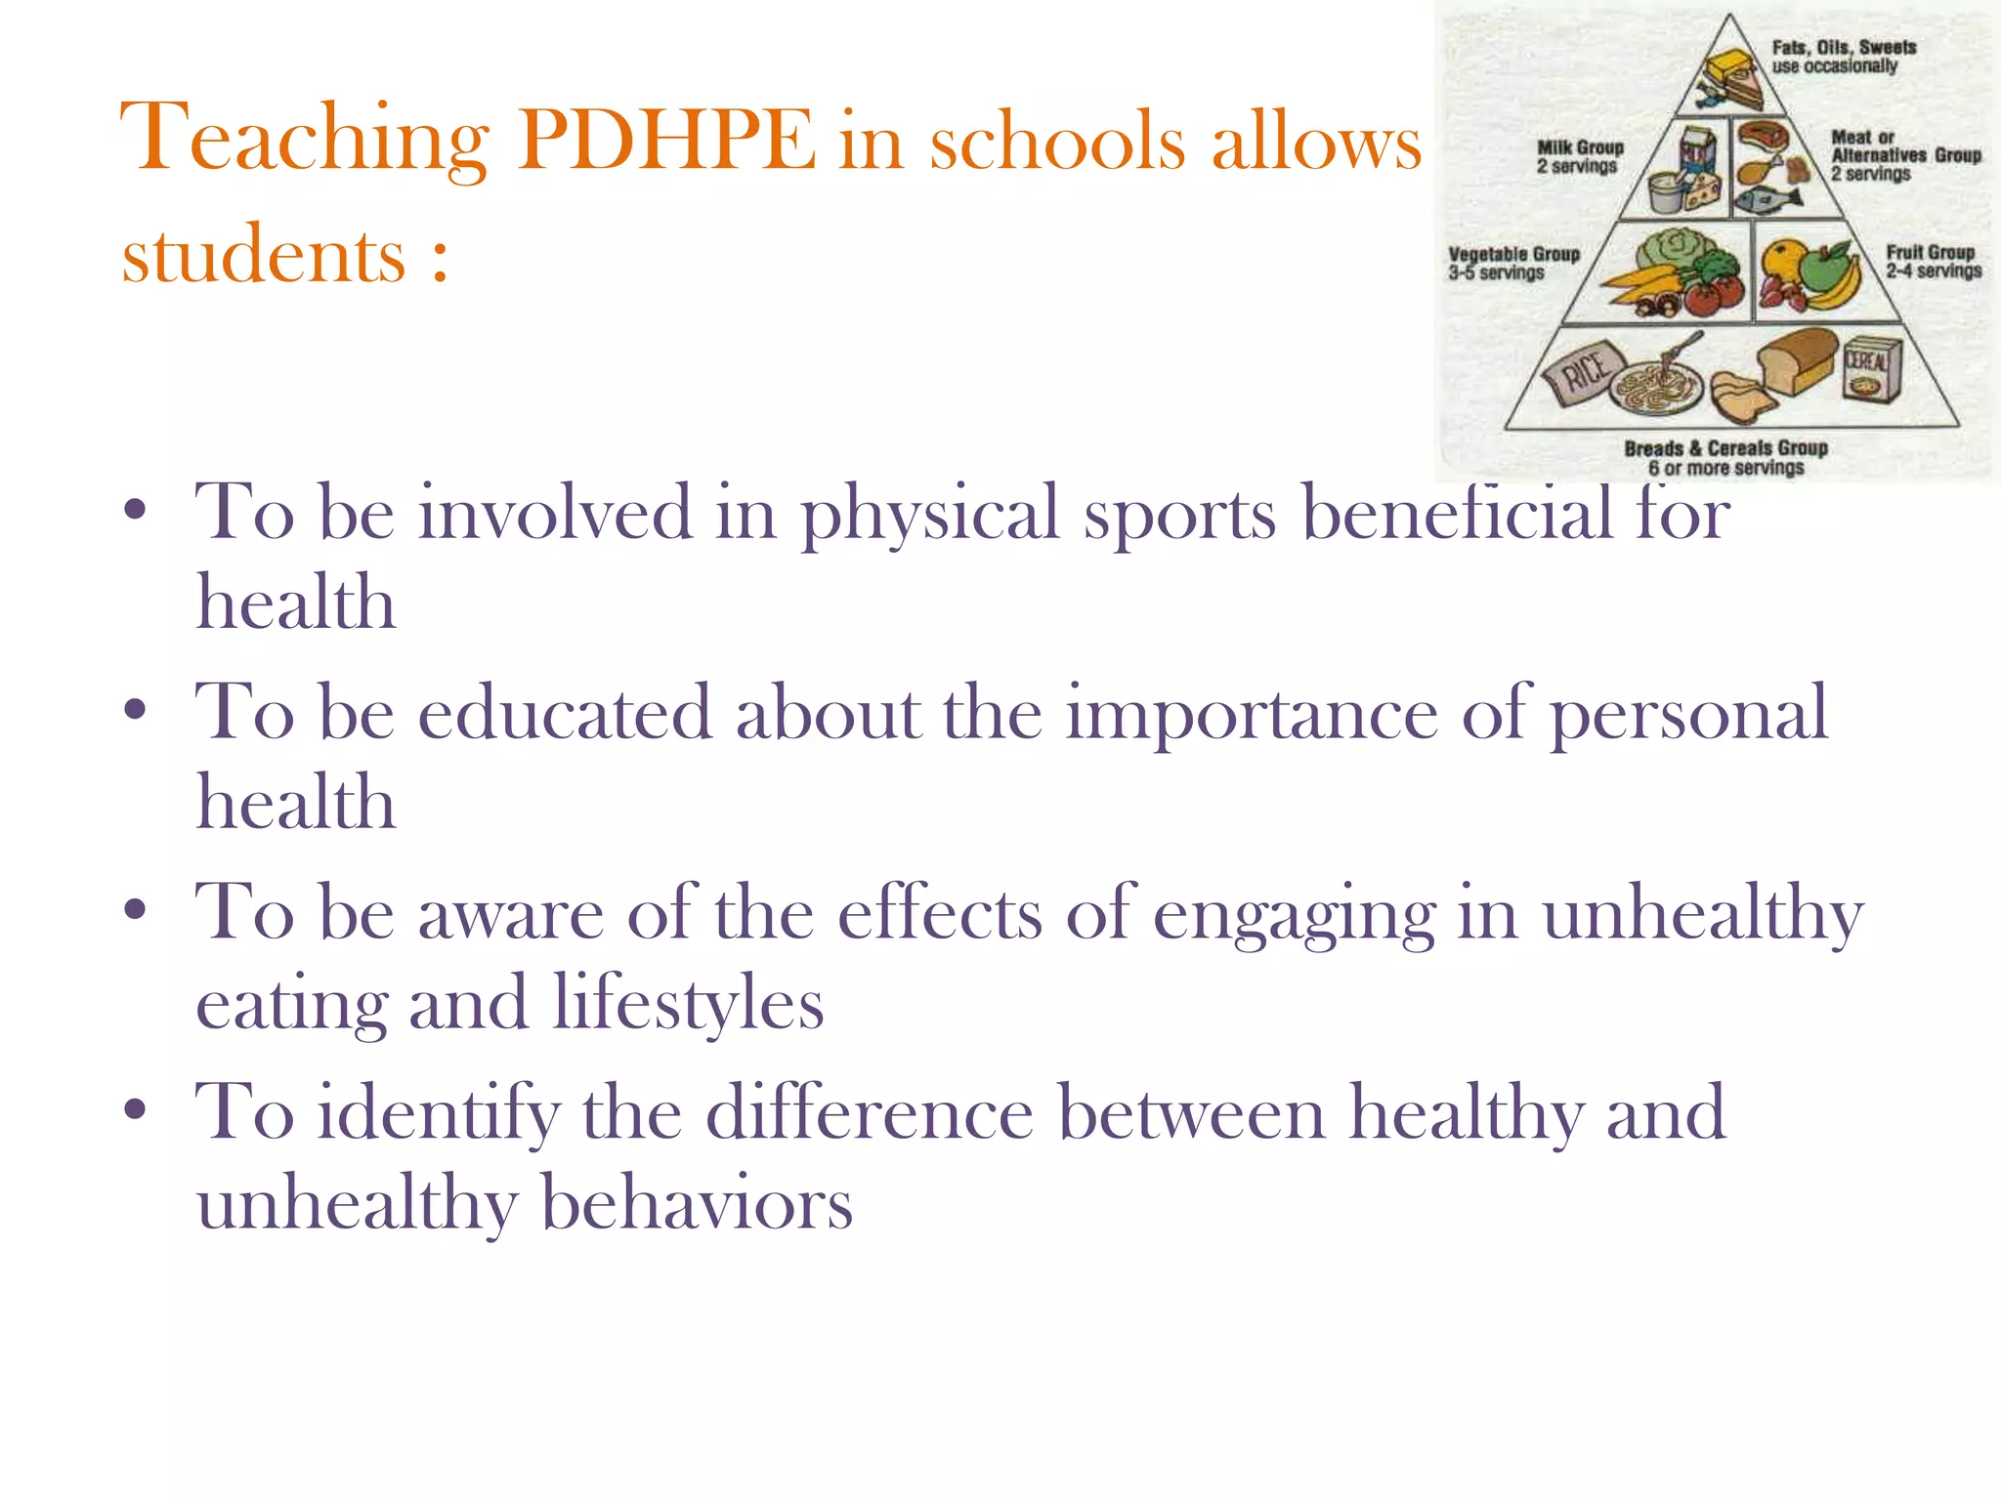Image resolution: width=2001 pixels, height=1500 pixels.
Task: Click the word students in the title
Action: (263, 256)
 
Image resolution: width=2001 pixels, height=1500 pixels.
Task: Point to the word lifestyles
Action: (689, 1004)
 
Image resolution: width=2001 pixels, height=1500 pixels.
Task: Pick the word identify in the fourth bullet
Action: (438, 1113)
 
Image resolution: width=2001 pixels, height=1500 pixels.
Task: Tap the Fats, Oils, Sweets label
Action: (1843, 57)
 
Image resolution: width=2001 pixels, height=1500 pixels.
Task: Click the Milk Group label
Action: (1579, 156)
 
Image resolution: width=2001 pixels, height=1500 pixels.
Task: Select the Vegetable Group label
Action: (1512, 263)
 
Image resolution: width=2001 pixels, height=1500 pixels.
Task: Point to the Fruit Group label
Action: (1933, 261)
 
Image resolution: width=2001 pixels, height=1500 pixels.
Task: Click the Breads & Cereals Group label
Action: (1725, 458)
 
